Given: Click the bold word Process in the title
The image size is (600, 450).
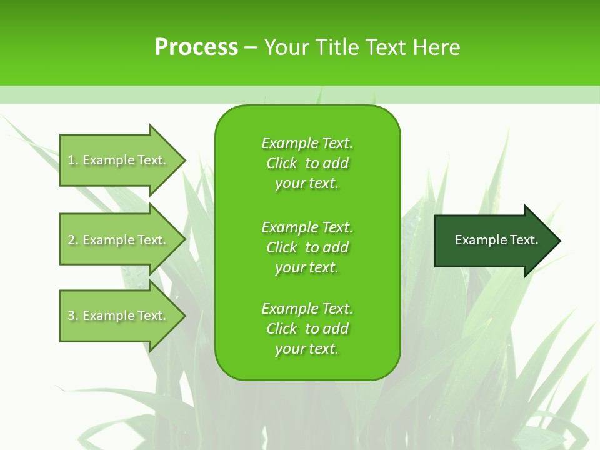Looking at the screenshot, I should [196, 47].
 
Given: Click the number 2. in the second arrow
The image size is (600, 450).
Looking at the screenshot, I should [73, 240].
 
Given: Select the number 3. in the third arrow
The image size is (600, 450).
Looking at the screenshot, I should [73, 316].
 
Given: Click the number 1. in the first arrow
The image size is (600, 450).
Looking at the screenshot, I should [73, 160].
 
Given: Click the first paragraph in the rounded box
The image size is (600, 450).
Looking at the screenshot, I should [307, 163].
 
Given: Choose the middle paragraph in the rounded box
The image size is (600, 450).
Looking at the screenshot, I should [307, 247].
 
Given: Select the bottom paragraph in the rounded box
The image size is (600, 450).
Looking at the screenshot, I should [307, 329].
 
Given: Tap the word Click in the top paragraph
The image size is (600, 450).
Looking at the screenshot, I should [281, 163].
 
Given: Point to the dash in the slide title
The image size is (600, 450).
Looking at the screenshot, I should [251, 48].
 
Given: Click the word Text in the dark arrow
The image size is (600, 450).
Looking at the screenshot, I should [524, 240].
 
